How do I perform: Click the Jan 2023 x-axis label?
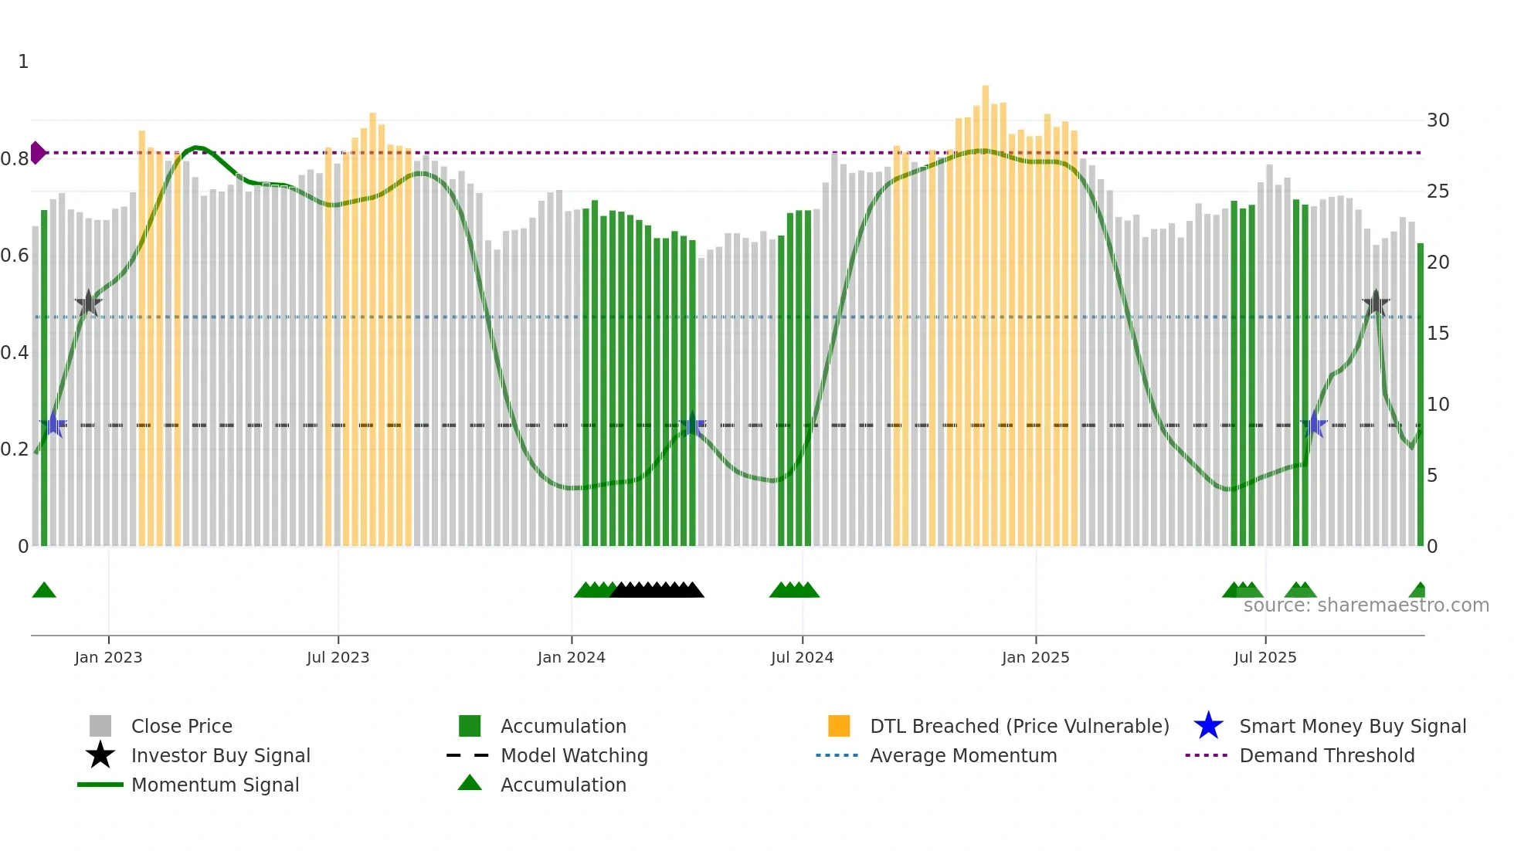click(108, 657)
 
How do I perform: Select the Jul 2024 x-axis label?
click(802, 657)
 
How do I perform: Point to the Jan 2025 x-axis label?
click(1035, 657)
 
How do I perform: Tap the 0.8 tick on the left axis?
click(15, 159)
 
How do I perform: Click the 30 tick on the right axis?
click(1438, 120)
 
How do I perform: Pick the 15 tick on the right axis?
click(1438, 334)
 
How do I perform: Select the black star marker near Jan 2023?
click(89, 303)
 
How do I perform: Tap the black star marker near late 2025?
click(1375, 303)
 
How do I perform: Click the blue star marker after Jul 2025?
click(1313, 425)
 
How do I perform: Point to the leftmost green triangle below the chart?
click(44, 591)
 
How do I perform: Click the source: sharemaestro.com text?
click(1366, 605)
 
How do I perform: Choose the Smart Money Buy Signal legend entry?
click(1352, 726)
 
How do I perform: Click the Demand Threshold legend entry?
click(1326, 755)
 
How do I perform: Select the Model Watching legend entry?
click(573, 755)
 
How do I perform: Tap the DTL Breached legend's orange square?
click(838, 726)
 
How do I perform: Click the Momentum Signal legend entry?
click(215, 785)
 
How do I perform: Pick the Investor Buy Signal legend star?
click(100, 755)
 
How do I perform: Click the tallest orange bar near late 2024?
click(985, 309)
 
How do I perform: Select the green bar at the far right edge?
click(1420, 394)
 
